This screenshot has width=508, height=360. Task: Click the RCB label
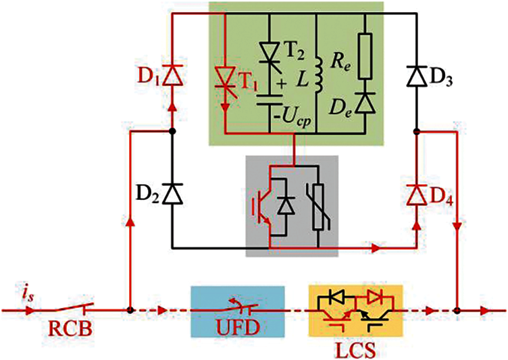pos(68,331)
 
